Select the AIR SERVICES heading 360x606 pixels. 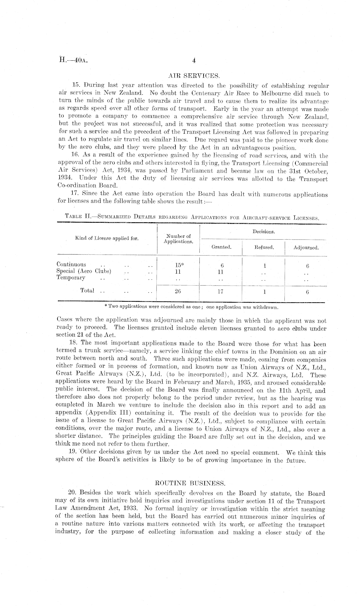(194, 76)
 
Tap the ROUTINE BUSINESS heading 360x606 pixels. (190, 483)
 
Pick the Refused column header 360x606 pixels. (264, 247)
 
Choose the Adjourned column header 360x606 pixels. (306, 248)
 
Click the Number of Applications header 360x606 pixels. (178, 239)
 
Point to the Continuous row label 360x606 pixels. (71, 264)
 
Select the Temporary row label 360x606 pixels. (71, 277)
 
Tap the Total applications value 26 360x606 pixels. (177, 291)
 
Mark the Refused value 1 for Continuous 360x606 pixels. (264, 266)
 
